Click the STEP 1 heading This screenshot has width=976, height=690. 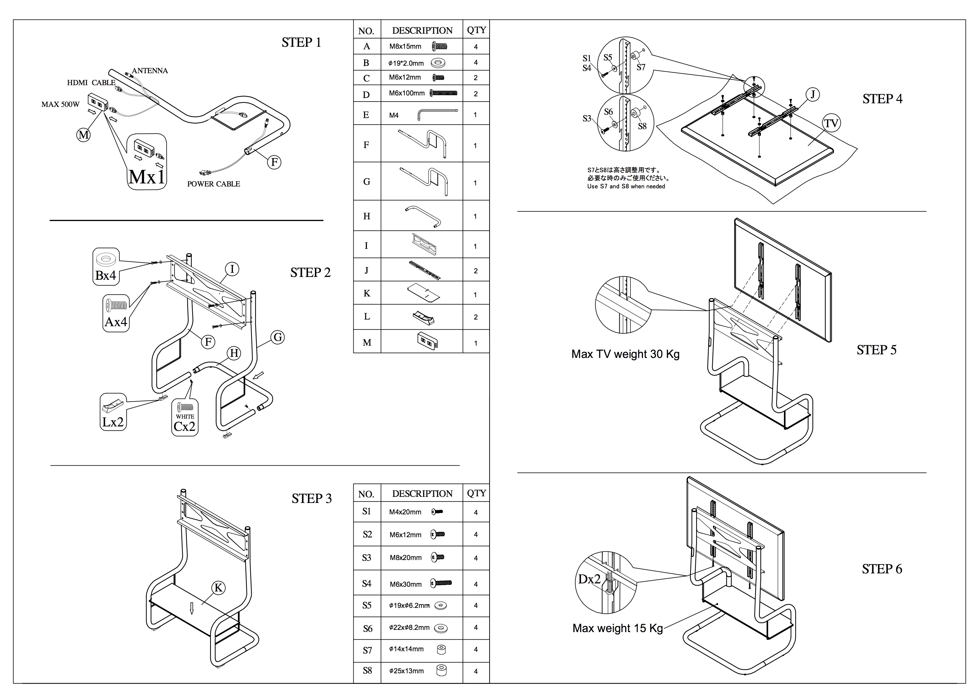[x=301, y=43]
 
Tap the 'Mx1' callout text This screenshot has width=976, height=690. [x=147, y=177]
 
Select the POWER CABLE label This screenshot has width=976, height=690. [x=213, y=184]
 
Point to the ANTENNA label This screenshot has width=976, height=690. [x=150, y=71]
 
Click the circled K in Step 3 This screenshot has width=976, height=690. [x=218, y=588]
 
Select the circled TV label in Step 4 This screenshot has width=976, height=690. [x=831, y=124]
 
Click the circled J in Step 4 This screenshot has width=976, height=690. [x=812, y=94]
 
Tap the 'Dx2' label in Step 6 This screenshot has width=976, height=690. [x=589, y=579]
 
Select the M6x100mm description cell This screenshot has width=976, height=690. [x=407, y=93]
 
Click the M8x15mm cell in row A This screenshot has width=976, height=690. [x=405, y=46]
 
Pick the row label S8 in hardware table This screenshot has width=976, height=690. [x=367, y=671]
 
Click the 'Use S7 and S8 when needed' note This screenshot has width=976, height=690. [x=626, y=186]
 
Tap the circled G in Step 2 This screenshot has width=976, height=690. [x=278, y=338]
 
